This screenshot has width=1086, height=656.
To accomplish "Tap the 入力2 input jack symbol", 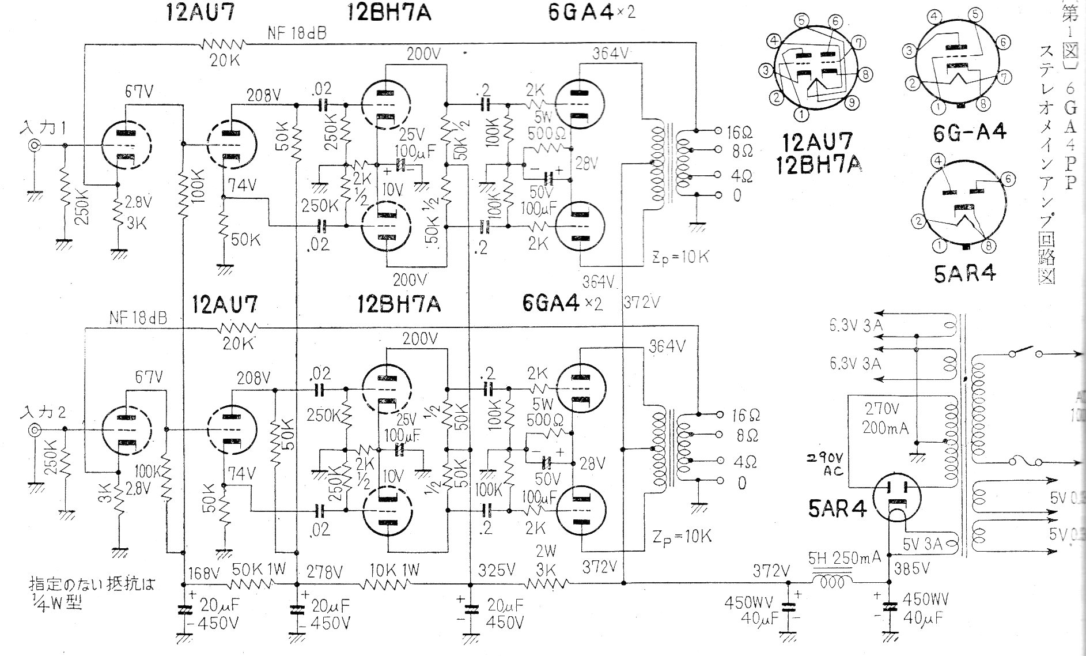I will (x=35, y=429).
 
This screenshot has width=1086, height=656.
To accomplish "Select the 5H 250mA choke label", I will (x=844, y=558).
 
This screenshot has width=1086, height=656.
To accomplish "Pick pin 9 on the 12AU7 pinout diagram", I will (x=854, y=104).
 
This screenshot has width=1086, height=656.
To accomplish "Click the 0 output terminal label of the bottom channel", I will (x=741, y=483).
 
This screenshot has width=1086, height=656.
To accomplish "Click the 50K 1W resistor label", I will (x=259, y=570).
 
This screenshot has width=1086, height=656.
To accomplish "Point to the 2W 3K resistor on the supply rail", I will (x=547, y=583).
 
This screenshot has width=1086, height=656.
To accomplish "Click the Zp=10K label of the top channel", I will (x=681, y=257).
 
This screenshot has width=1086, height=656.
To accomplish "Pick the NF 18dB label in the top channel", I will (x=297, y=34).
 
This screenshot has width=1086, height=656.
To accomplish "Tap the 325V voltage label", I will (x=497, y=570).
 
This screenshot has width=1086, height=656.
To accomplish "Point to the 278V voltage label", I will (x=324, y=572).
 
